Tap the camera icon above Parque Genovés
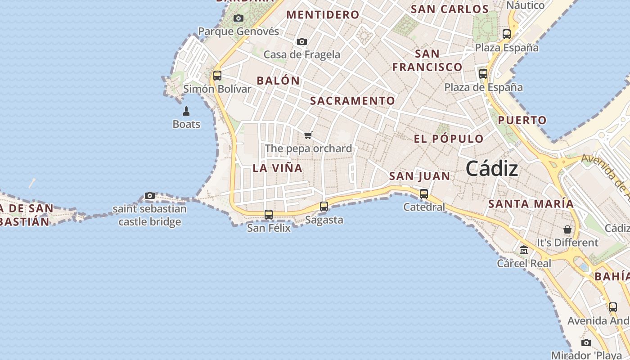point(238,18)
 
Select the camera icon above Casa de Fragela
point(302,42)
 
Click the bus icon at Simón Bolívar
point(217,76)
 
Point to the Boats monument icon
point(186,111)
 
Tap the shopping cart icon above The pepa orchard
point(308,135)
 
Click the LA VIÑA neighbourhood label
point(278,168)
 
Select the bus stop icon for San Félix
point(269,215)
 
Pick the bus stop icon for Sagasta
point(324,207)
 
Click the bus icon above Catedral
point(424,194)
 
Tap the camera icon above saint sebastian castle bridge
point(150,196)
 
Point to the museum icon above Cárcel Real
point(524,250)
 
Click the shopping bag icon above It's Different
point(567,229)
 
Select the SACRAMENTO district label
point(352,101)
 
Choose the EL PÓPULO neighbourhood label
point(449,139)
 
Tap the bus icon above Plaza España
point(507,34)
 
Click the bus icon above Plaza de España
point(483,74)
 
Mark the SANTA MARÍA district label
point(531,204)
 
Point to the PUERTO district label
point(522,121)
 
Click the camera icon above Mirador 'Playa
point(586,343)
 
